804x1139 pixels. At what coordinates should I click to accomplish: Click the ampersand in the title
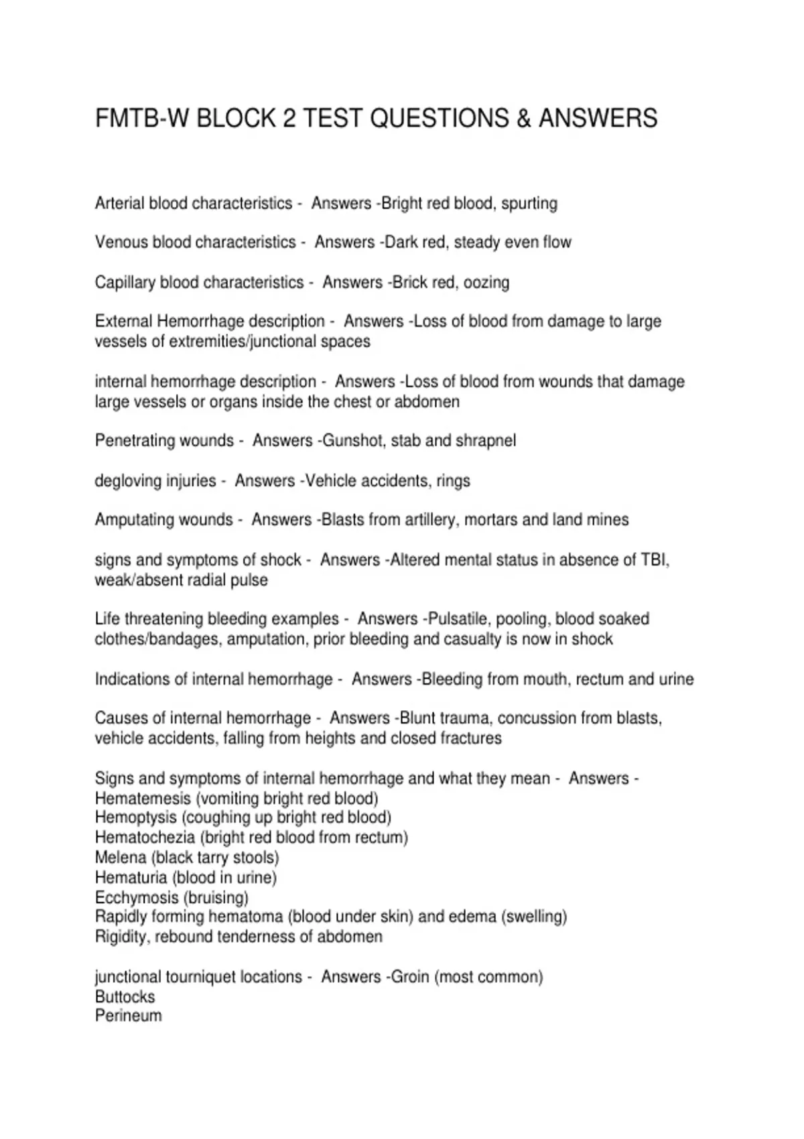pyautogui.click(x=524, y=119)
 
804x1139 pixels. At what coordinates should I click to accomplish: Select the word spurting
pyautogui.click(x=529, y=204)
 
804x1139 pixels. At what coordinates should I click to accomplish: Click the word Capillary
pyautogui.click(x=125, y=283)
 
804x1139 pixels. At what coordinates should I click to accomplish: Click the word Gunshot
pyautogui.click(x=353, y=441)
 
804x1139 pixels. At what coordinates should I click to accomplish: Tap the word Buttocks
pyautogui.click(x=125, y=997)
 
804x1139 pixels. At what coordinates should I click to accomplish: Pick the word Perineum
pyautogui.click(x=129, y=1016)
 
